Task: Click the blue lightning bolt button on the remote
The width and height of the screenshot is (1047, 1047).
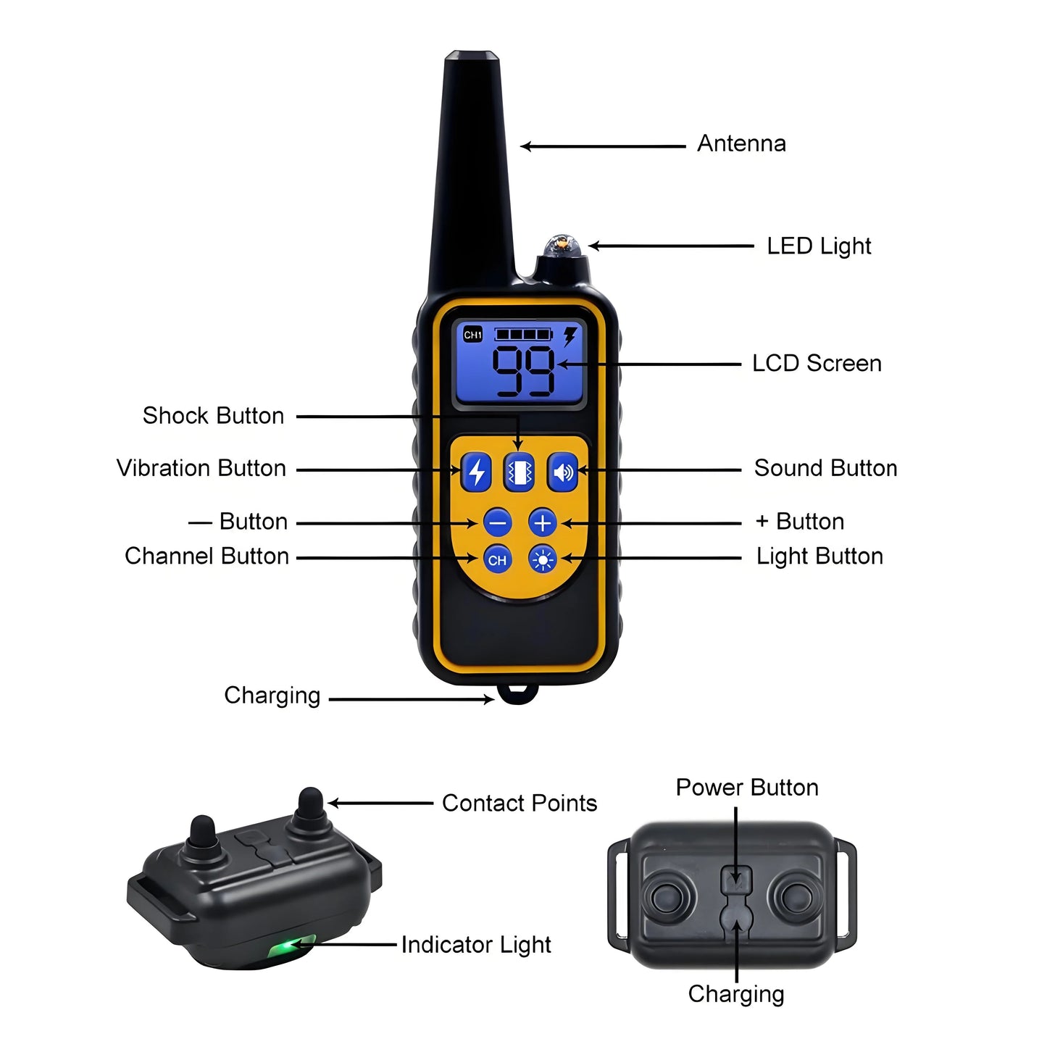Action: pos(476,472)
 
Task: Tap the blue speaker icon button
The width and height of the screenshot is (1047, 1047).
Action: pos(562,472)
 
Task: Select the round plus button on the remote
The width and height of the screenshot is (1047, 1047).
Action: pos(543,522)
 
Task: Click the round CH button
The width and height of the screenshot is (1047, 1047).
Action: pos(497,559)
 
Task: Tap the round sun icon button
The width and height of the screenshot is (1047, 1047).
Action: pos(543,559)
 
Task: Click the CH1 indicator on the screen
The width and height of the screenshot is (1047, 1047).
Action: pos(473,335)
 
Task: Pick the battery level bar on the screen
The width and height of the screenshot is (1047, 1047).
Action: pos(523,334)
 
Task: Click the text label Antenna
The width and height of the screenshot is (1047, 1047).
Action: pos(741,143)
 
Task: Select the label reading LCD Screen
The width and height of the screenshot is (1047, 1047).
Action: pos(817,363)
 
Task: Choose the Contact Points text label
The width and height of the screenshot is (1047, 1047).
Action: pos(520,803)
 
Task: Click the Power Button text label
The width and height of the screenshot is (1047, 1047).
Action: pos(747,788)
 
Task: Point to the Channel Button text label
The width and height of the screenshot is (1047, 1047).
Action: pos(207,556)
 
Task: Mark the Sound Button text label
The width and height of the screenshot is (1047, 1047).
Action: pos(825,468)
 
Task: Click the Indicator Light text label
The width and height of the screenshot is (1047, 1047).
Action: pos(476,945)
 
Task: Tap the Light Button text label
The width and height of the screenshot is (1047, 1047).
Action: pos(819,556)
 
